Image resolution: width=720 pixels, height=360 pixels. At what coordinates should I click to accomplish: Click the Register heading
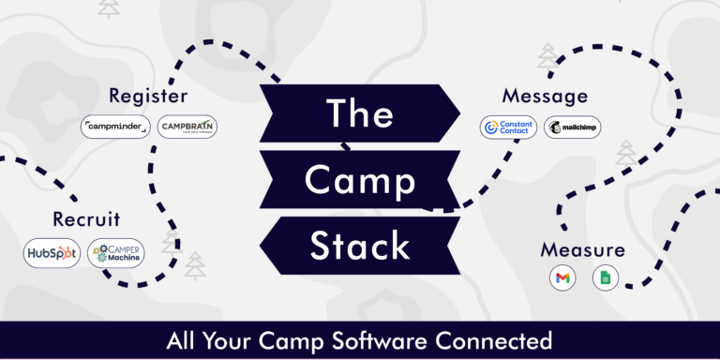[148, 96]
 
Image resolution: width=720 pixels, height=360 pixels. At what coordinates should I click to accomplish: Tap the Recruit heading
[86, 219]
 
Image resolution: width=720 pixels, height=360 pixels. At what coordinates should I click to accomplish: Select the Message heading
[545, 96]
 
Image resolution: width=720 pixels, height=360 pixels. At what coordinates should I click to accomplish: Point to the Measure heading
[582, 250]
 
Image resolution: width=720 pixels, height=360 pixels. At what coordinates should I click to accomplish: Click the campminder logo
[114, 127]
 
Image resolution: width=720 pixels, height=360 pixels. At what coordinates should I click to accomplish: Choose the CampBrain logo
[187, 127]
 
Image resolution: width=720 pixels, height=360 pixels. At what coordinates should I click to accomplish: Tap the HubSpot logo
[52, 253]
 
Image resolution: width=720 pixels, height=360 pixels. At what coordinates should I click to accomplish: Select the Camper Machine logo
[116, 253]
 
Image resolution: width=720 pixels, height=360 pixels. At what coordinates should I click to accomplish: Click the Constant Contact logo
[508, 127]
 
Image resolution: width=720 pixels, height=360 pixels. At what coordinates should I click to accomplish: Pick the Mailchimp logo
[573, 127]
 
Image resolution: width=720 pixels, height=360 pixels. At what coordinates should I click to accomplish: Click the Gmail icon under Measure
[562, 277]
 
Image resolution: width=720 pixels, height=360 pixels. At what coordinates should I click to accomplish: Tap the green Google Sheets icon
[606, 277]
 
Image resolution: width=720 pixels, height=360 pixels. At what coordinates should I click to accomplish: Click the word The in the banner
[359, 112]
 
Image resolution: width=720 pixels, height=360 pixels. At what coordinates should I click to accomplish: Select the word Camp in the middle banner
[360, 178]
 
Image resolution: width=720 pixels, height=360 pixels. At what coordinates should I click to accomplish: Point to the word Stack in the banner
[360, 245]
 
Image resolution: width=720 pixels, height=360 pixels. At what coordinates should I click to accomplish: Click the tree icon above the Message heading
[547, 58]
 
